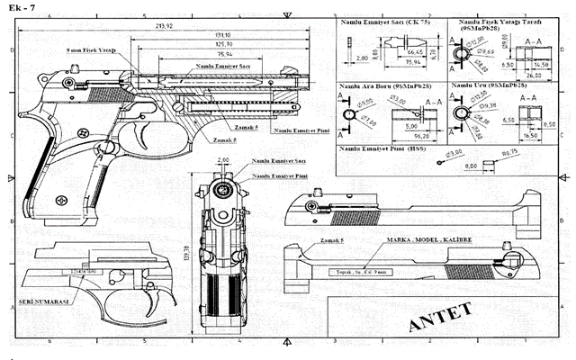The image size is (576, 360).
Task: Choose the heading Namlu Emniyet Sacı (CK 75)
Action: [x=382, y=19]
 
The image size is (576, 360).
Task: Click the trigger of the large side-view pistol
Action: [x=144, y=136]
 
